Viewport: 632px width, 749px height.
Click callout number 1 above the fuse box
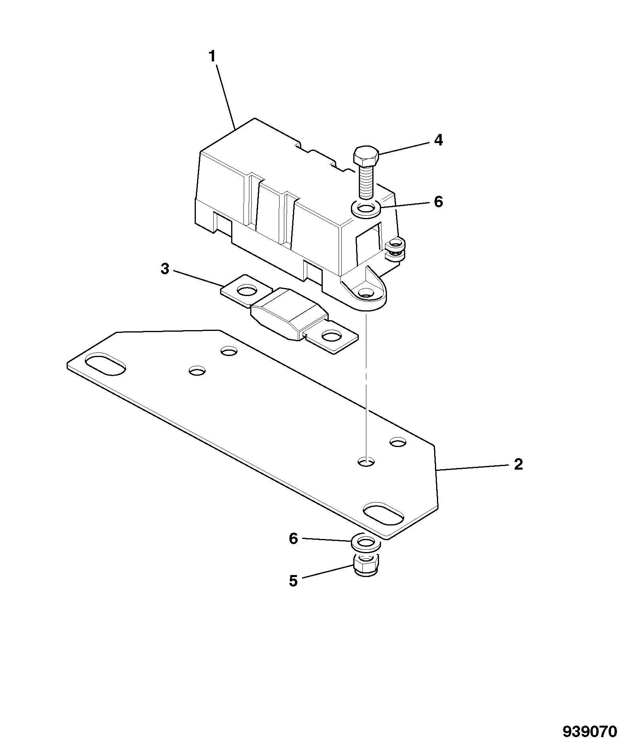pos(213,57)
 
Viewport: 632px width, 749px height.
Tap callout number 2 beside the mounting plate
pos(518,464)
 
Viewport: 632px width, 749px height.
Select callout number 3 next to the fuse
pos(165,269)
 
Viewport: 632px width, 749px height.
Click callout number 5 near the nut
pos(293,581)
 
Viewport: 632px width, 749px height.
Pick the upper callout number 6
pos(438,202)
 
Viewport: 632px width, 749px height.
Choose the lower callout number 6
pos(293,539)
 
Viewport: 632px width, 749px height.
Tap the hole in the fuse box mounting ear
pos(366,294)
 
